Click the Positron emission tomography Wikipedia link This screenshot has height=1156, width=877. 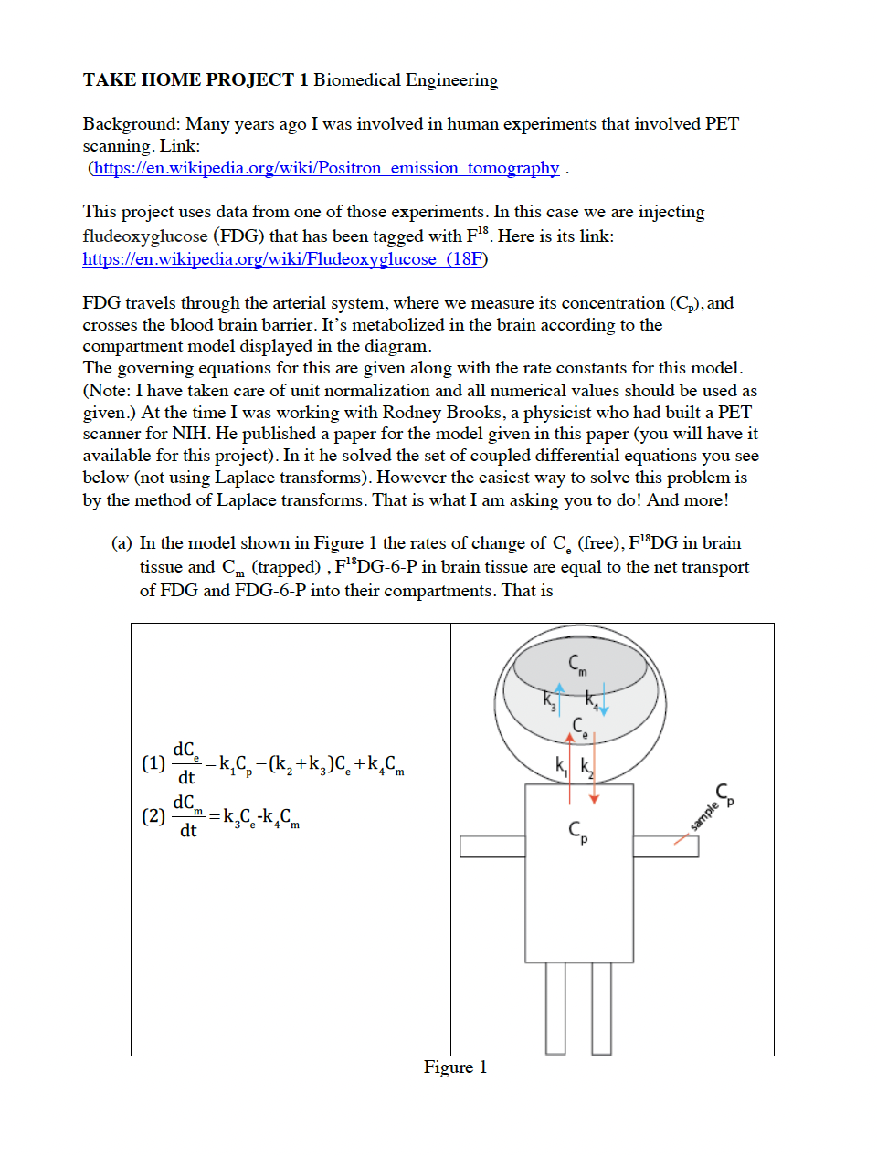tap(326, 168)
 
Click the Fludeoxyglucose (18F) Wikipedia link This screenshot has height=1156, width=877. tap(284, 259)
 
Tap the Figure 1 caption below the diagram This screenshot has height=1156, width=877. tap(455, 1067)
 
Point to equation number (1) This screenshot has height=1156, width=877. tap(153, 762)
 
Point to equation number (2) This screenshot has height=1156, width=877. tap(153, 815)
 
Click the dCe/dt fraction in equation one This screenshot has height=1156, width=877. tap(186, 763)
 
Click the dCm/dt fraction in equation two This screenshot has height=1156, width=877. tap(187, 816)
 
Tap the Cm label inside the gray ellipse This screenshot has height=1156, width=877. tap(577, 664)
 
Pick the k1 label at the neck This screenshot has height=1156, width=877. tap(561, 765)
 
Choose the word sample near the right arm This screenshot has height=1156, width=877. tap(703, 814)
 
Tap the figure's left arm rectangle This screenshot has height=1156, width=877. tap(492, 846)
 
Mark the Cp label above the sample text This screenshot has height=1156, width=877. tap(724, 793)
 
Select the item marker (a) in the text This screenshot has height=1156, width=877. tap(122, 543)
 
